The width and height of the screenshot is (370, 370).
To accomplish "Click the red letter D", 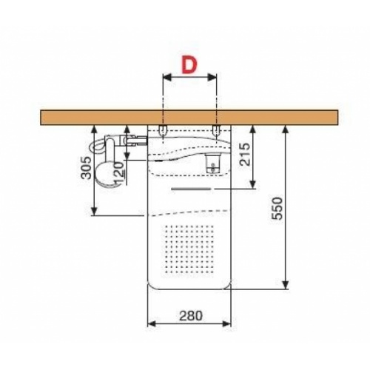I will coord(188,64).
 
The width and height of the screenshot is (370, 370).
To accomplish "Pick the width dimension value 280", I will coord(189,314).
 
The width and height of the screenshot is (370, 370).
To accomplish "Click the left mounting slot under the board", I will coord(161,131).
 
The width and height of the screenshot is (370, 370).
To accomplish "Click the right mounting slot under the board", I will coord(215,131).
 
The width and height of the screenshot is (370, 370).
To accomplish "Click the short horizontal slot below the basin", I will coord(190,189).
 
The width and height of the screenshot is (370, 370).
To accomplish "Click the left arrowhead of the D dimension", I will coord(164,77).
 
